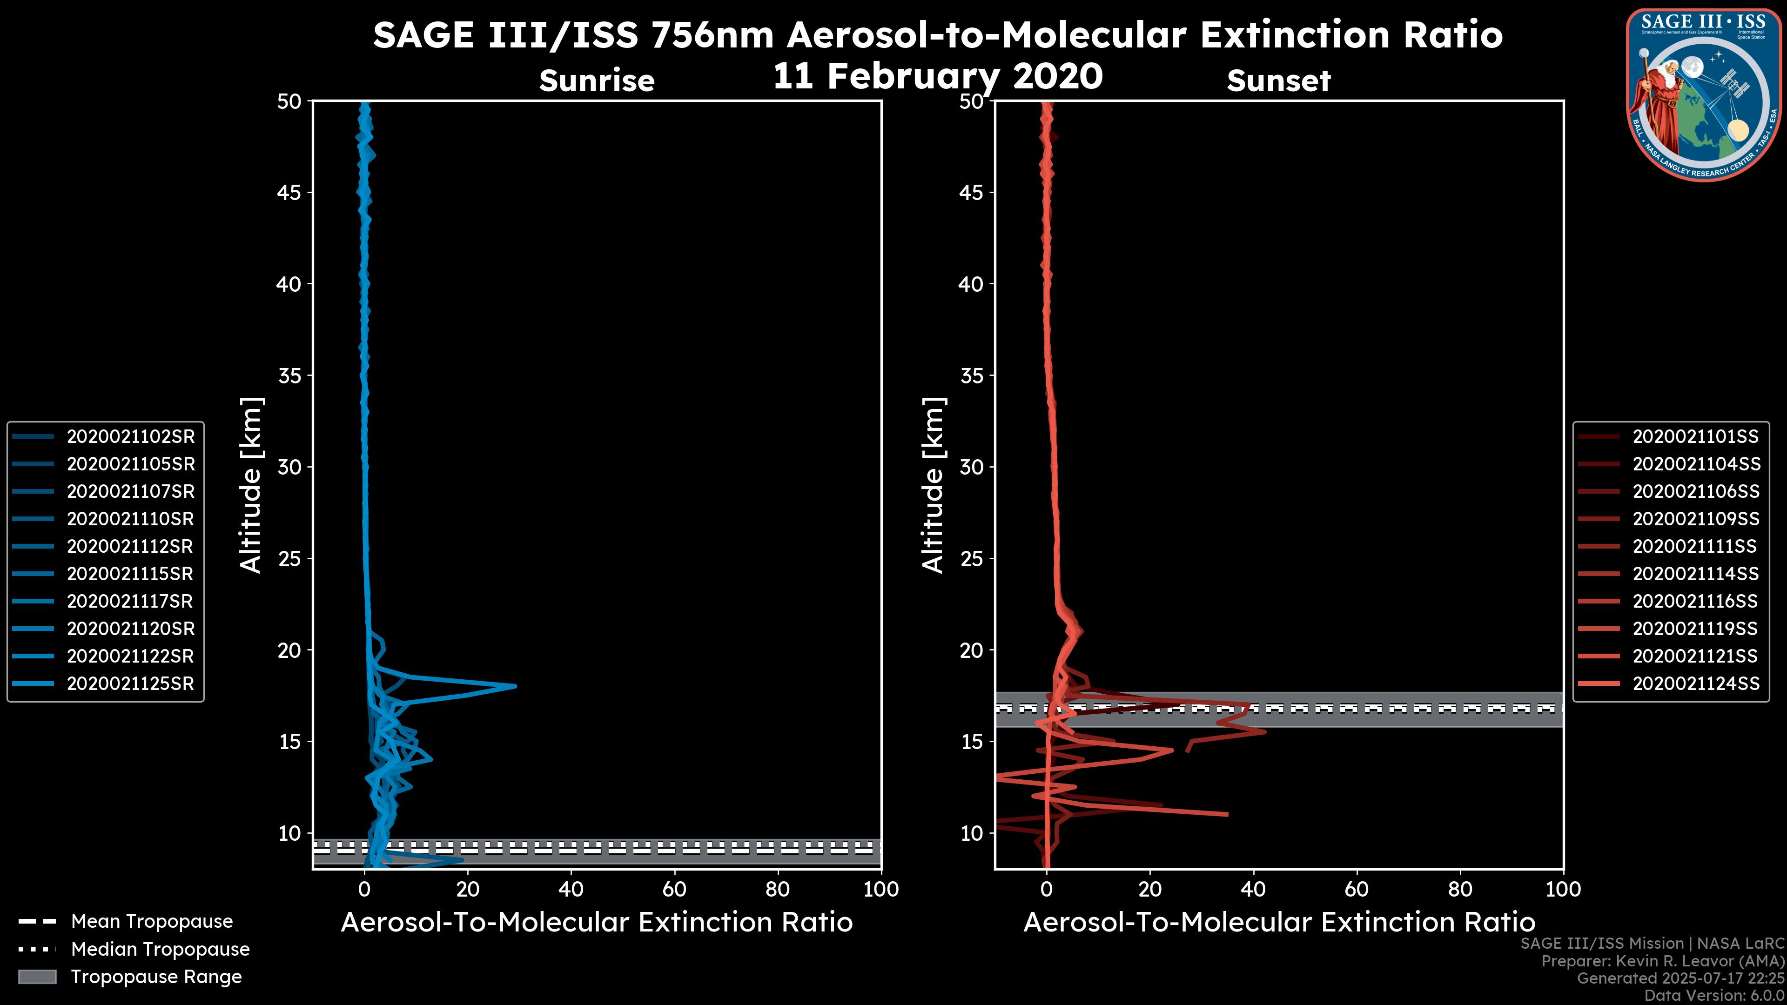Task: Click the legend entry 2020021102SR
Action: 130,436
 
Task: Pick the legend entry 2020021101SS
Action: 1695,436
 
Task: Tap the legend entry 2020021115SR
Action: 130,574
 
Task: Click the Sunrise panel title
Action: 597,81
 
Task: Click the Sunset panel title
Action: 1278,81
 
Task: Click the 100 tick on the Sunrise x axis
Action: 881,889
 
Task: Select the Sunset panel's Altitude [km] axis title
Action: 934,485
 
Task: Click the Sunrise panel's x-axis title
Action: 597,923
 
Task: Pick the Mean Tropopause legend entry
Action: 151,921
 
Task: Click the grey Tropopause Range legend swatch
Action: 37,977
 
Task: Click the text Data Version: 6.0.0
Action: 1715,996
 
